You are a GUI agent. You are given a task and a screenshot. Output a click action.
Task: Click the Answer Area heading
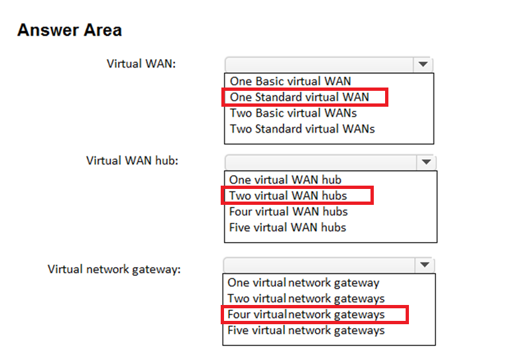click(x=70, y=30)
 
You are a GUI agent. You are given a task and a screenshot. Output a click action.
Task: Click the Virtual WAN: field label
click(x=141, y=64)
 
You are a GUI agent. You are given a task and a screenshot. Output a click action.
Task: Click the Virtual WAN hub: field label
click(x=132, y=160)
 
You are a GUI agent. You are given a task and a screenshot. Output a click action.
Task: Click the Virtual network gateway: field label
click(x=114, y=270)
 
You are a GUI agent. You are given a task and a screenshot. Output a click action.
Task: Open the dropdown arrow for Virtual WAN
click(x=423, y=64)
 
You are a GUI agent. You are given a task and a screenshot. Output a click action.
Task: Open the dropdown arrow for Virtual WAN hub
click(x=426, y=162)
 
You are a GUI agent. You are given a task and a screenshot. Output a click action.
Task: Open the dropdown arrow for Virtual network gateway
click(x=424, y=265)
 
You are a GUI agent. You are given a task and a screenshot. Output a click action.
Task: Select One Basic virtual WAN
click(x=290, y=81)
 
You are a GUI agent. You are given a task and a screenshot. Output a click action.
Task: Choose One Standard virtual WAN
click(x=300, y=97)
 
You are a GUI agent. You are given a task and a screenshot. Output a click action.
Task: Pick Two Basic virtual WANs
click(x=293, y=113)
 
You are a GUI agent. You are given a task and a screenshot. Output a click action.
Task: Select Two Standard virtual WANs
click(x=302, y=129)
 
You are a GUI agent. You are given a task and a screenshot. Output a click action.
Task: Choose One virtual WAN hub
click(x=285, y=180)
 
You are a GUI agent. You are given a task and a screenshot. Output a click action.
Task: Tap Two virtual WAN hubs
click(x=288, y=196)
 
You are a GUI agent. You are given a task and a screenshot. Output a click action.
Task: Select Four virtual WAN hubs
click(x=288, y=211)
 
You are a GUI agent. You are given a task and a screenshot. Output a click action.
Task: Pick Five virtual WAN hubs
click(x=288, y=227)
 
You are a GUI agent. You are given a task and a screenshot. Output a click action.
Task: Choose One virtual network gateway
click(x=304, y=283)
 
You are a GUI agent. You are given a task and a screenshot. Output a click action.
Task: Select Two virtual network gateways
click(x=306, y=299)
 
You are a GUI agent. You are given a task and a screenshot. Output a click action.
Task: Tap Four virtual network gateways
click(x=306, y=314)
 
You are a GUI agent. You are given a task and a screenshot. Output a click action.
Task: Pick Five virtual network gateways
click(x=306, y=331)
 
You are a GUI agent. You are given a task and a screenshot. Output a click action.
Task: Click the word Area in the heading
click(x=103, y=30)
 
